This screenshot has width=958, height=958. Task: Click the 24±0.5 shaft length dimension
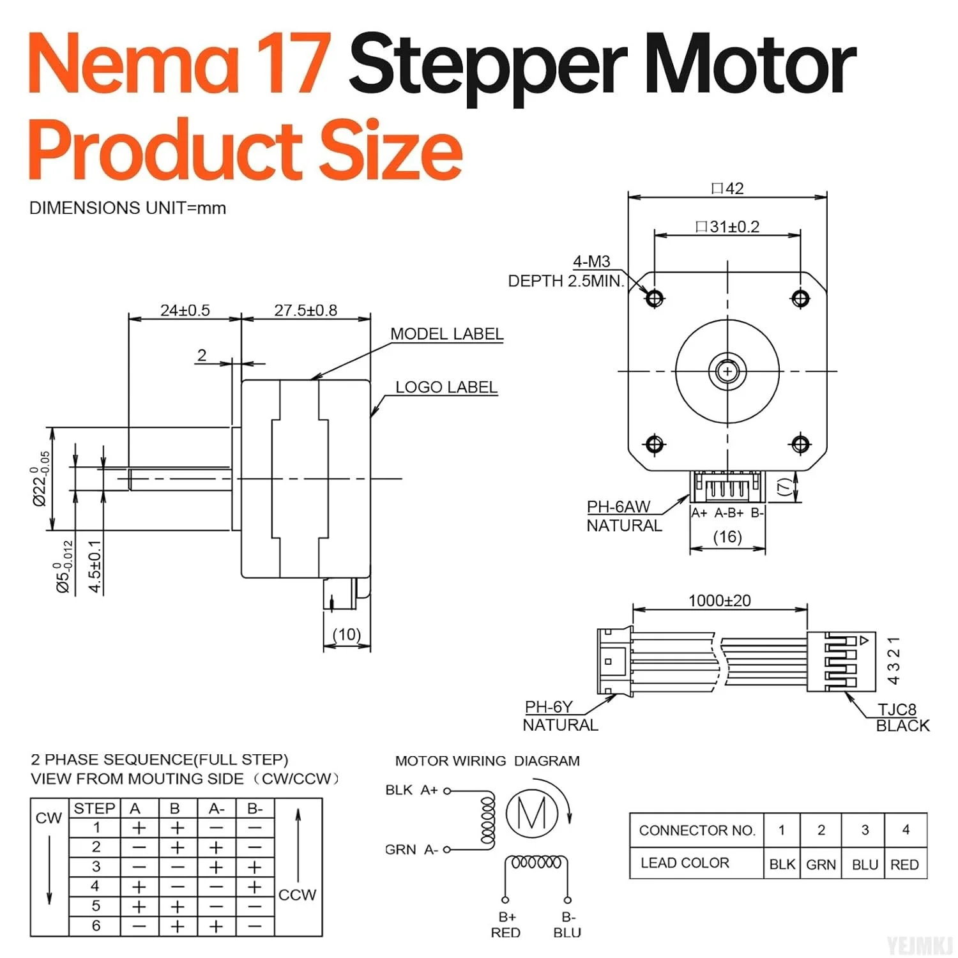coord(185,310)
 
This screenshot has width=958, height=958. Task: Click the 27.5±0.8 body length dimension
coord(305,310)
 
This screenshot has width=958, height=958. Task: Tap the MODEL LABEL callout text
coord(446,334)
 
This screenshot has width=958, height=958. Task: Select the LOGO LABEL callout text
coord(446,387)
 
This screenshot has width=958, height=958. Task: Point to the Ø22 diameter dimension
coord(40,479)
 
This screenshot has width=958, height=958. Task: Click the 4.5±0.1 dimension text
coord(95,566)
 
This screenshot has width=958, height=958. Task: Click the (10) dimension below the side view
coord(347,634)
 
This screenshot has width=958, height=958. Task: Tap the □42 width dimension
coord(727,188)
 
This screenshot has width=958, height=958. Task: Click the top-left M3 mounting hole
coord(655,298)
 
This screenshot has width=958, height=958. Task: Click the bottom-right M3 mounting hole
coord(800,444)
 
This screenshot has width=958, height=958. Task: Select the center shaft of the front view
coord(727,370)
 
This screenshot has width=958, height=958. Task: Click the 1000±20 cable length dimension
coord(719,600)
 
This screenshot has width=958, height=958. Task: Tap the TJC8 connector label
coord(897,709)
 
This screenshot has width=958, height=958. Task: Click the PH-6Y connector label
coord(548,707)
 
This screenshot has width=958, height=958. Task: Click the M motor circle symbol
coord(531,813)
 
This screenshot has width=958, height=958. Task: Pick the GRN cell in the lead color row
coord(821,864)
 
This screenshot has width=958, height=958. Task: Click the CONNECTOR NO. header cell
coord(697,830)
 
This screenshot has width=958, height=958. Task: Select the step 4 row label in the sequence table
coord(96,886)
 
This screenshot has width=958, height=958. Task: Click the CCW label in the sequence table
coord(297,895)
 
